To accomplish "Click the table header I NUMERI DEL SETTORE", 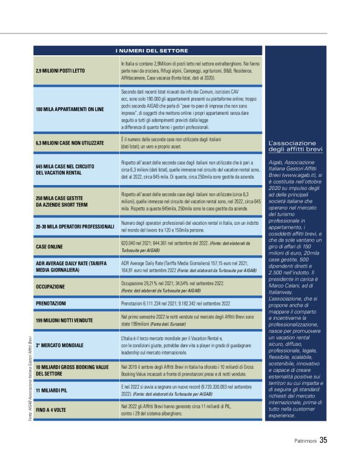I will pos(148,50).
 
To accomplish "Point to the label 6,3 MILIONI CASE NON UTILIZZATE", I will pos(70,143).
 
